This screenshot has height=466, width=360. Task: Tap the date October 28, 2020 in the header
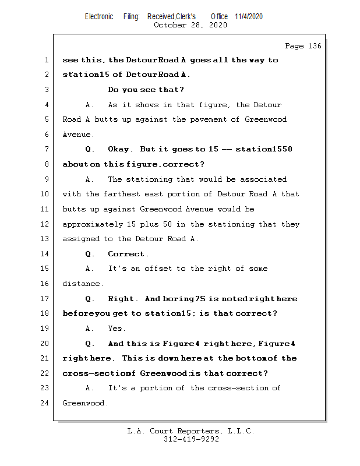click(190, 25)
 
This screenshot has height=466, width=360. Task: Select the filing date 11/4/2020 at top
click(249, 16)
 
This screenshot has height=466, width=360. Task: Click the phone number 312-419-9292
click(191, 439)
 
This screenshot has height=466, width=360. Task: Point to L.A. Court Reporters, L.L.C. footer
click(191, 431)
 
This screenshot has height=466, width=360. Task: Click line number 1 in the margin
click(46, 60)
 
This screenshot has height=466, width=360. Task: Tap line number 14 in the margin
click(45, 254)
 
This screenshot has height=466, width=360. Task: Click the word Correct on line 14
click(128, 254)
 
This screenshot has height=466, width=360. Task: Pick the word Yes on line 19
click(117, 329)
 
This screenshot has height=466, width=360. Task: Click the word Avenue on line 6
click(76, 135)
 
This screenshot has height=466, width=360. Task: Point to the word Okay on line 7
click(120, 150)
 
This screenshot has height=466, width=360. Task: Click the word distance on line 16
click(83, 284)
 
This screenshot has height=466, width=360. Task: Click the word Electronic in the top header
click(99, 16)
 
